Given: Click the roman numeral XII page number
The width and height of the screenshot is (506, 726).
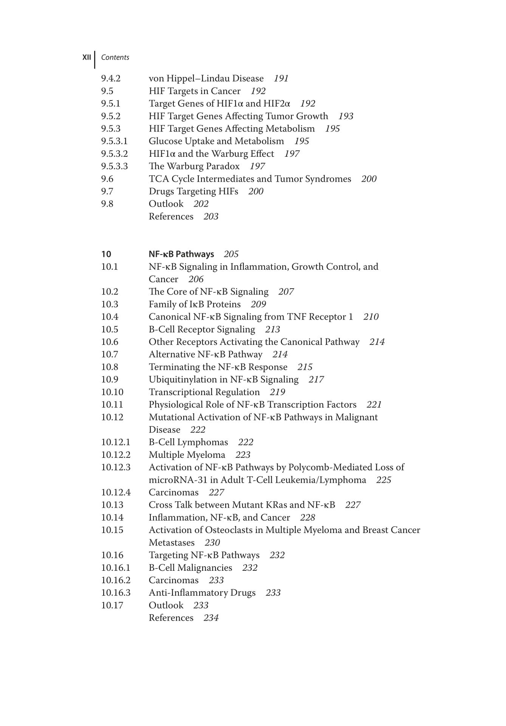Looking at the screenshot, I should coord(87,57).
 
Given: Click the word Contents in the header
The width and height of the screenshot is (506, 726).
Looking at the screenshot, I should coord(115,57).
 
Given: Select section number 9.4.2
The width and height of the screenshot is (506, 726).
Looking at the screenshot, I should coord(110,79).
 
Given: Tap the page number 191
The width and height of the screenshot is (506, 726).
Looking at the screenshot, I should coord(281,79).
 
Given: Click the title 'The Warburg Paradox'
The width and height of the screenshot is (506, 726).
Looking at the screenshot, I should coord(194,166).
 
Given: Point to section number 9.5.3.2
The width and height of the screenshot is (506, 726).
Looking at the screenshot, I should coord(114,154).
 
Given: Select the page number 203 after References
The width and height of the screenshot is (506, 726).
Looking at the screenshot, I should coord(211,216).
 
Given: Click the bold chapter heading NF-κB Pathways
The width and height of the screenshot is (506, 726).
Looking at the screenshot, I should coord(181,254).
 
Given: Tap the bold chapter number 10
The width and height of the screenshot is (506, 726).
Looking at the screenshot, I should coord(106,254).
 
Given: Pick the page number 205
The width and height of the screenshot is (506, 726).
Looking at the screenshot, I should coord(231,254).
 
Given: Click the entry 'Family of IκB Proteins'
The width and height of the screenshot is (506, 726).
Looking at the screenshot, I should coord(195,304).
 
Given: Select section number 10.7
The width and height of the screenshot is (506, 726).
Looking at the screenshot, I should coord(109,354).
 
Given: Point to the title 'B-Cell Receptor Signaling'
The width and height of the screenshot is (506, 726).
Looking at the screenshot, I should coord(202,329).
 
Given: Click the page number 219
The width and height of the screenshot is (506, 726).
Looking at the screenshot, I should coord(277,392).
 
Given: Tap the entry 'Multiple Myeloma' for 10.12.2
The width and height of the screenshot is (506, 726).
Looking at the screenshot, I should coord(187,455).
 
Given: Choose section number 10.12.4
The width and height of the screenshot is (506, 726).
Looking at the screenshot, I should coord(116,493).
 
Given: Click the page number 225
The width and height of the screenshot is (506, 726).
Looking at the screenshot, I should coord(384,480).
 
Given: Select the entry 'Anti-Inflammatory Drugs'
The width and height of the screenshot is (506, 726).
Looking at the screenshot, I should coord(202,593).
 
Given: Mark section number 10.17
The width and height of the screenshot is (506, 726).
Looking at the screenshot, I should coord(112,605).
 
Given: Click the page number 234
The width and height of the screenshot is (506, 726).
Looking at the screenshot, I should coord(211,618).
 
